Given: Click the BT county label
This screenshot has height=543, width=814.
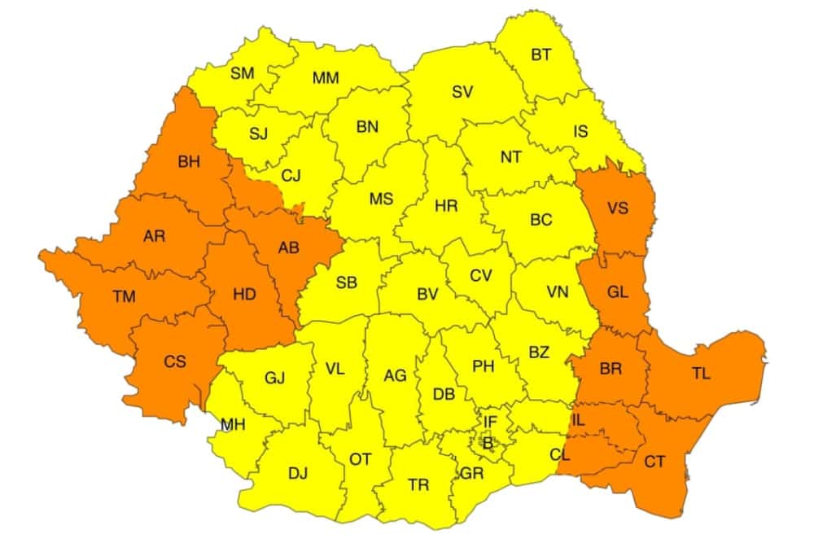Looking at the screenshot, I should (x=541, y=55).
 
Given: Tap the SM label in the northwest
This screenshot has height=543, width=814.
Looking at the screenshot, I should (x=242, y=73).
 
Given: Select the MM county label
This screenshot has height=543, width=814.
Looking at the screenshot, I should (x=326, y=78).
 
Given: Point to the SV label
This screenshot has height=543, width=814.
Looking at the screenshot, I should (x=462, y=92).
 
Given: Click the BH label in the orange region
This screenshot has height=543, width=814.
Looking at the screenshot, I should (x=188, y=163).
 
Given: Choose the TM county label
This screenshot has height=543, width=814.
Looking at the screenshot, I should (x=125, y=297).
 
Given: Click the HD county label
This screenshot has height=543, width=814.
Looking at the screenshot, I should (x=244, y=295).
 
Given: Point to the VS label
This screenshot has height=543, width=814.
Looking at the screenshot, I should (x=617, y=208).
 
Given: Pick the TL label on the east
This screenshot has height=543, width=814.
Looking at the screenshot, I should (x=701, y=374).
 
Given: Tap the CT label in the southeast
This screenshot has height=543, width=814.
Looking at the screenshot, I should (x=654, y=462).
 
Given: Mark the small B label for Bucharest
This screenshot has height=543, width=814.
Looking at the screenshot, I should (x=488, y=444).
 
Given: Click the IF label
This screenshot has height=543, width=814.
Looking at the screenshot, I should (x=490, y=422).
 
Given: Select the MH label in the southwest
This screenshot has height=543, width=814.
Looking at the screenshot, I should (x=233, y=425).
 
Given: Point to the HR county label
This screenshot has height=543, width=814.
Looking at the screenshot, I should (x=445, y=206).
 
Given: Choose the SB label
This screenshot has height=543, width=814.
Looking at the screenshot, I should (x=347, y=282).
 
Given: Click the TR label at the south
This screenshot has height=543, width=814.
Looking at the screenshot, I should (x=418, y=485).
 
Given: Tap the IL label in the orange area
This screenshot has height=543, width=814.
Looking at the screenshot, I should (x=579, y=422).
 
